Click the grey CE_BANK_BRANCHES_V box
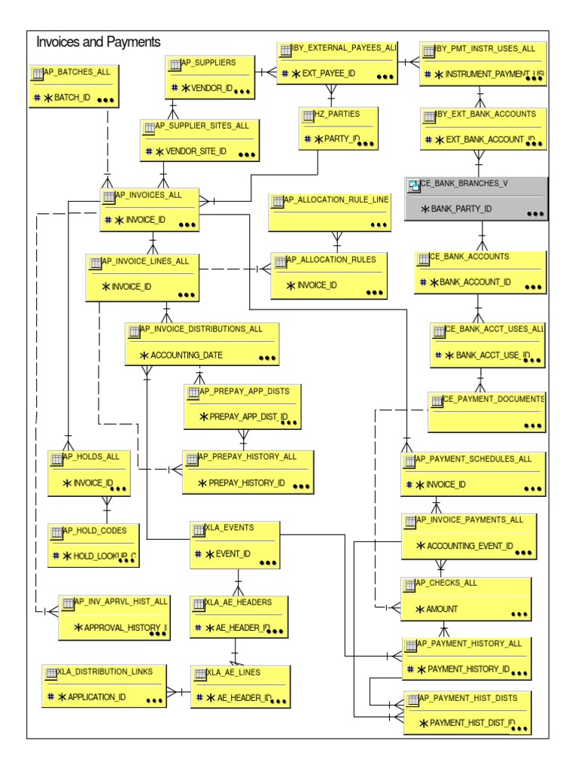(476, 199)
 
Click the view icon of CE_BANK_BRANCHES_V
(413, 184)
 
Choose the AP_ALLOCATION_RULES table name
(336, 258)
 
